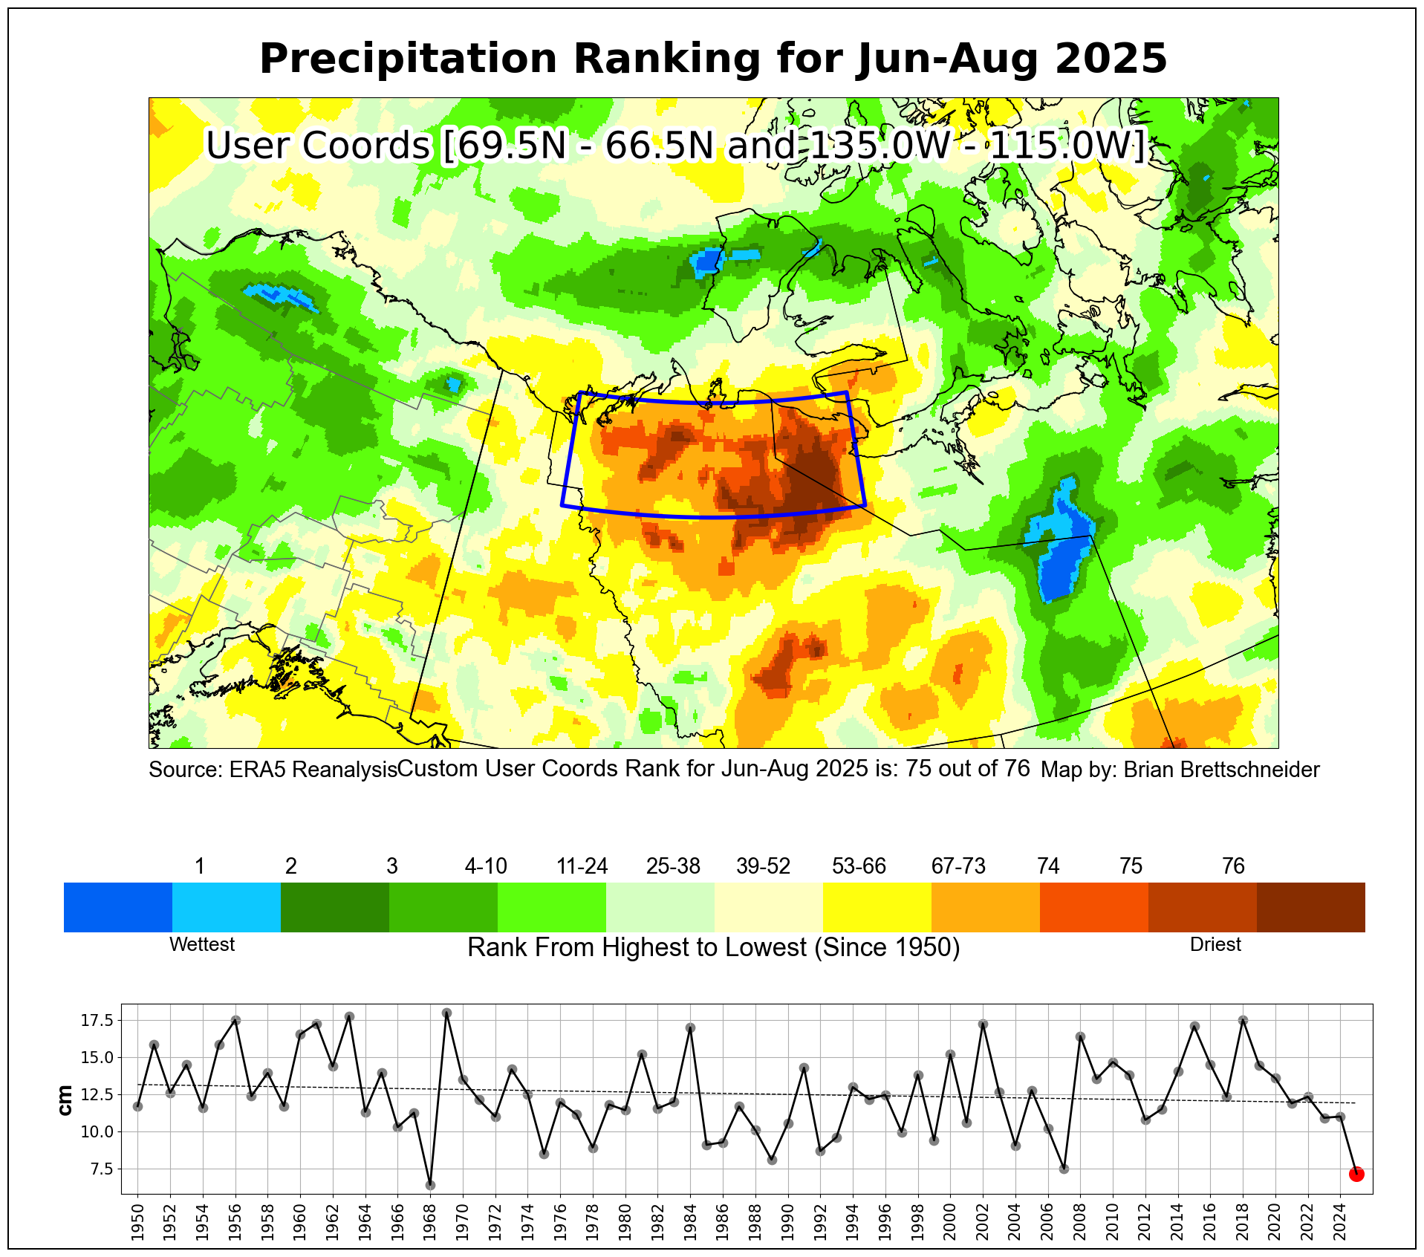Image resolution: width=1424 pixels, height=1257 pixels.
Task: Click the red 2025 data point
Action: [1356, 1174]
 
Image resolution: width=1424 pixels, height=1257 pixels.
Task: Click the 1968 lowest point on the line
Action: [430, 1185]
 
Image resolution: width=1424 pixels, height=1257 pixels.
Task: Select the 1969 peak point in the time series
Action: [446, 1013]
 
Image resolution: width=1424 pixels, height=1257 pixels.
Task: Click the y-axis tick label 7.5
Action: [100, 1169]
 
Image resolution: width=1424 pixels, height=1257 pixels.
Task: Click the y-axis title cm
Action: [65, 1100]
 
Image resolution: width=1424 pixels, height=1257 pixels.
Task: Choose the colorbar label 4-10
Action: [486, 866]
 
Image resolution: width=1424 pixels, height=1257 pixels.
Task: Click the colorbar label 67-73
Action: [958, 866]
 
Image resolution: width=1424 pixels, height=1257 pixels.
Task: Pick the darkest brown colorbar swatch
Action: [1310, 907]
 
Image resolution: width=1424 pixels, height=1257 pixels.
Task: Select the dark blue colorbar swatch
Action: [118, 907]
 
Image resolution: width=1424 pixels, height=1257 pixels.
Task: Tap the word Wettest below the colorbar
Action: [202, 944]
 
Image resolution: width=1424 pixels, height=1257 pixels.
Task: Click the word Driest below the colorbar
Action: [1215, 944]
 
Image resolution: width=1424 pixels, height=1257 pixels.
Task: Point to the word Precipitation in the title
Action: [408, 59]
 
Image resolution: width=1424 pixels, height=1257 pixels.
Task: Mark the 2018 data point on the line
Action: [1243, 1021]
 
